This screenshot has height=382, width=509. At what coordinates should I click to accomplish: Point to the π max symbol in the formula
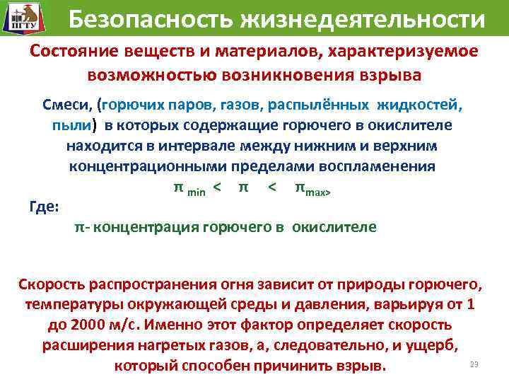click(312, 189)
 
